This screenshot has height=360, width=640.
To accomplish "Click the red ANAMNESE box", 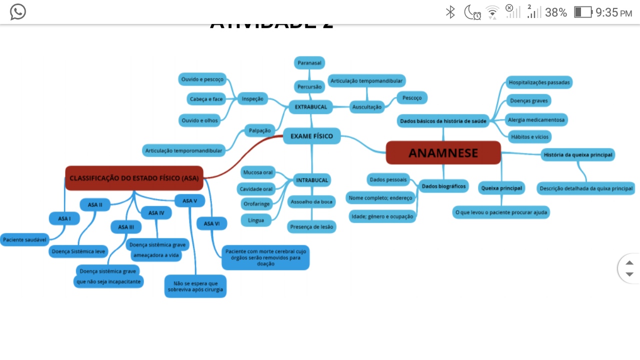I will pyautogui.click(x=443, y=152).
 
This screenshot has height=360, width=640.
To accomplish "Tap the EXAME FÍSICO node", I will pyautogui.click(x=311, y=136).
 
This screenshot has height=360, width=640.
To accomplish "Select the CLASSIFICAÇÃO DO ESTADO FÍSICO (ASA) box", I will pyautogui.click(x=134, y=178).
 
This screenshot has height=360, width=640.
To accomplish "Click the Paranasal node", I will pyautogui.click(x=309, y=63).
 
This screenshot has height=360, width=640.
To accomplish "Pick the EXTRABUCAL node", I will pyautogui.click(x=310, y=107).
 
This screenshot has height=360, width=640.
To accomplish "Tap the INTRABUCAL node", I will pyautogui.click(x=312, y=180).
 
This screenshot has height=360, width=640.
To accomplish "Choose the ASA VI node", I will pyautogui.click(x=211, y=223).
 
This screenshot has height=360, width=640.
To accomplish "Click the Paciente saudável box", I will pyautogui.click(x=24, y=240).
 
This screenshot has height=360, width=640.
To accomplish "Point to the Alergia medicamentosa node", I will pyautogui.click(x=536, y=120).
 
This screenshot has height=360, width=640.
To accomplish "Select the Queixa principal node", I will pyautogui.click(x=501, y=188).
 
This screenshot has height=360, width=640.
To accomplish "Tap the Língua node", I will pyautogui.click(x=256, y=220).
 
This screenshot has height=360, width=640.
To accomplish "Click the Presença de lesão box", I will pyautogui.click(x=311, y=226).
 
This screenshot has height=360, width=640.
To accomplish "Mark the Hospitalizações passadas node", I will pyautogui.click(x=539, y=82).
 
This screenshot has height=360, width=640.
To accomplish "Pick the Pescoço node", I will pyautogui.click(x=412, y=98).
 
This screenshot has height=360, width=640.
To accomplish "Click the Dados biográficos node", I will pyautogui.click(x=443, y=186).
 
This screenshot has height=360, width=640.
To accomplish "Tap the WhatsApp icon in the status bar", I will pyautogui.click(x=18, y=12).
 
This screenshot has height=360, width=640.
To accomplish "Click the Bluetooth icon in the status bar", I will pyautogui.click(x=450, y=12).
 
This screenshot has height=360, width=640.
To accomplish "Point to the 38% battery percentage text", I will pyautogui.click(x=555, y=12).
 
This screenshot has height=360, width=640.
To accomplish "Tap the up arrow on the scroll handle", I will pyautogui.click(x=629, y=263).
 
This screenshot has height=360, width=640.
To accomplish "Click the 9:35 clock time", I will pyautogui.click(x=606, y=12).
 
